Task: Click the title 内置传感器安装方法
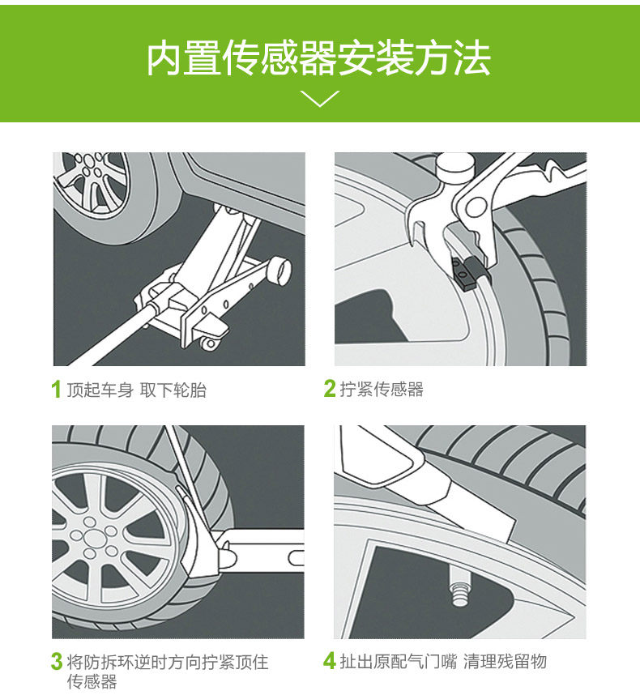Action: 318,59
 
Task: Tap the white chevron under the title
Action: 319,98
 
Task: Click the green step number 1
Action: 56,389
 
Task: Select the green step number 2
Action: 329,388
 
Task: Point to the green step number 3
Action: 56,661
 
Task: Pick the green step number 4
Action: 329,661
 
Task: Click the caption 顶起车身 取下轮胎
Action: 137,390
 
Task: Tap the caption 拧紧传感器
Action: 382,389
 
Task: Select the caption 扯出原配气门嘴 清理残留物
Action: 443,661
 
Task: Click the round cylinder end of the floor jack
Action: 279,271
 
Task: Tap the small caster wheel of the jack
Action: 211,343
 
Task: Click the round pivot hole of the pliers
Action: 476,207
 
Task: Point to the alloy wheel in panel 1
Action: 91,181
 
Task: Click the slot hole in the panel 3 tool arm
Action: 296,557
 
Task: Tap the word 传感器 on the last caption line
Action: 92,681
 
